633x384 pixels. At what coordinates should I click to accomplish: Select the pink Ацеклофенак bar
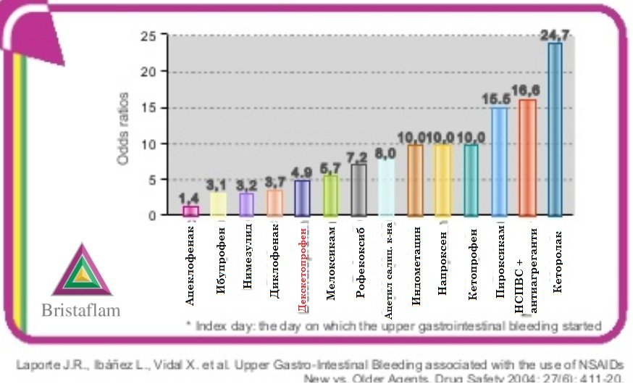[x=190, y=211]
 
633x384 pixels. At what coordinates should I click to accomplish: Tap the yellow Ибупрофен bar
[x=218, y=204]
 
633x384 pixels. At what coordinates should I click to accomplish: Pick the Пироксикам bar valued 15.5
[x=499, y=162]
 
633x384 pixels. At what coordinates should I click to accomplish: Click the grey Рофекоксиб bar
[x=359, y=190]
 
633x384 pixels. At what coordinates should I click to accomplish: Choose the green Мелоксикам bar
[x=330, y=196]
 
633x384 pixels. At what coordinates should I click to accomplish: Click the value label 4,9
[x=303, y=172]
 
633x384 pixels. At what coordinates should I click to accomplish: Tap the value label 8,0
[x=386, y=154]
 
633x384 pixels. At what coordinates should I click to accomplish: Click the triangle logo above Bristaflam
[x=82, y=270]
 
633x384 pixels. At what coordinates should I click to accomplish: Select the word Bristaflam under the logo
[x=80, y=310]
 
